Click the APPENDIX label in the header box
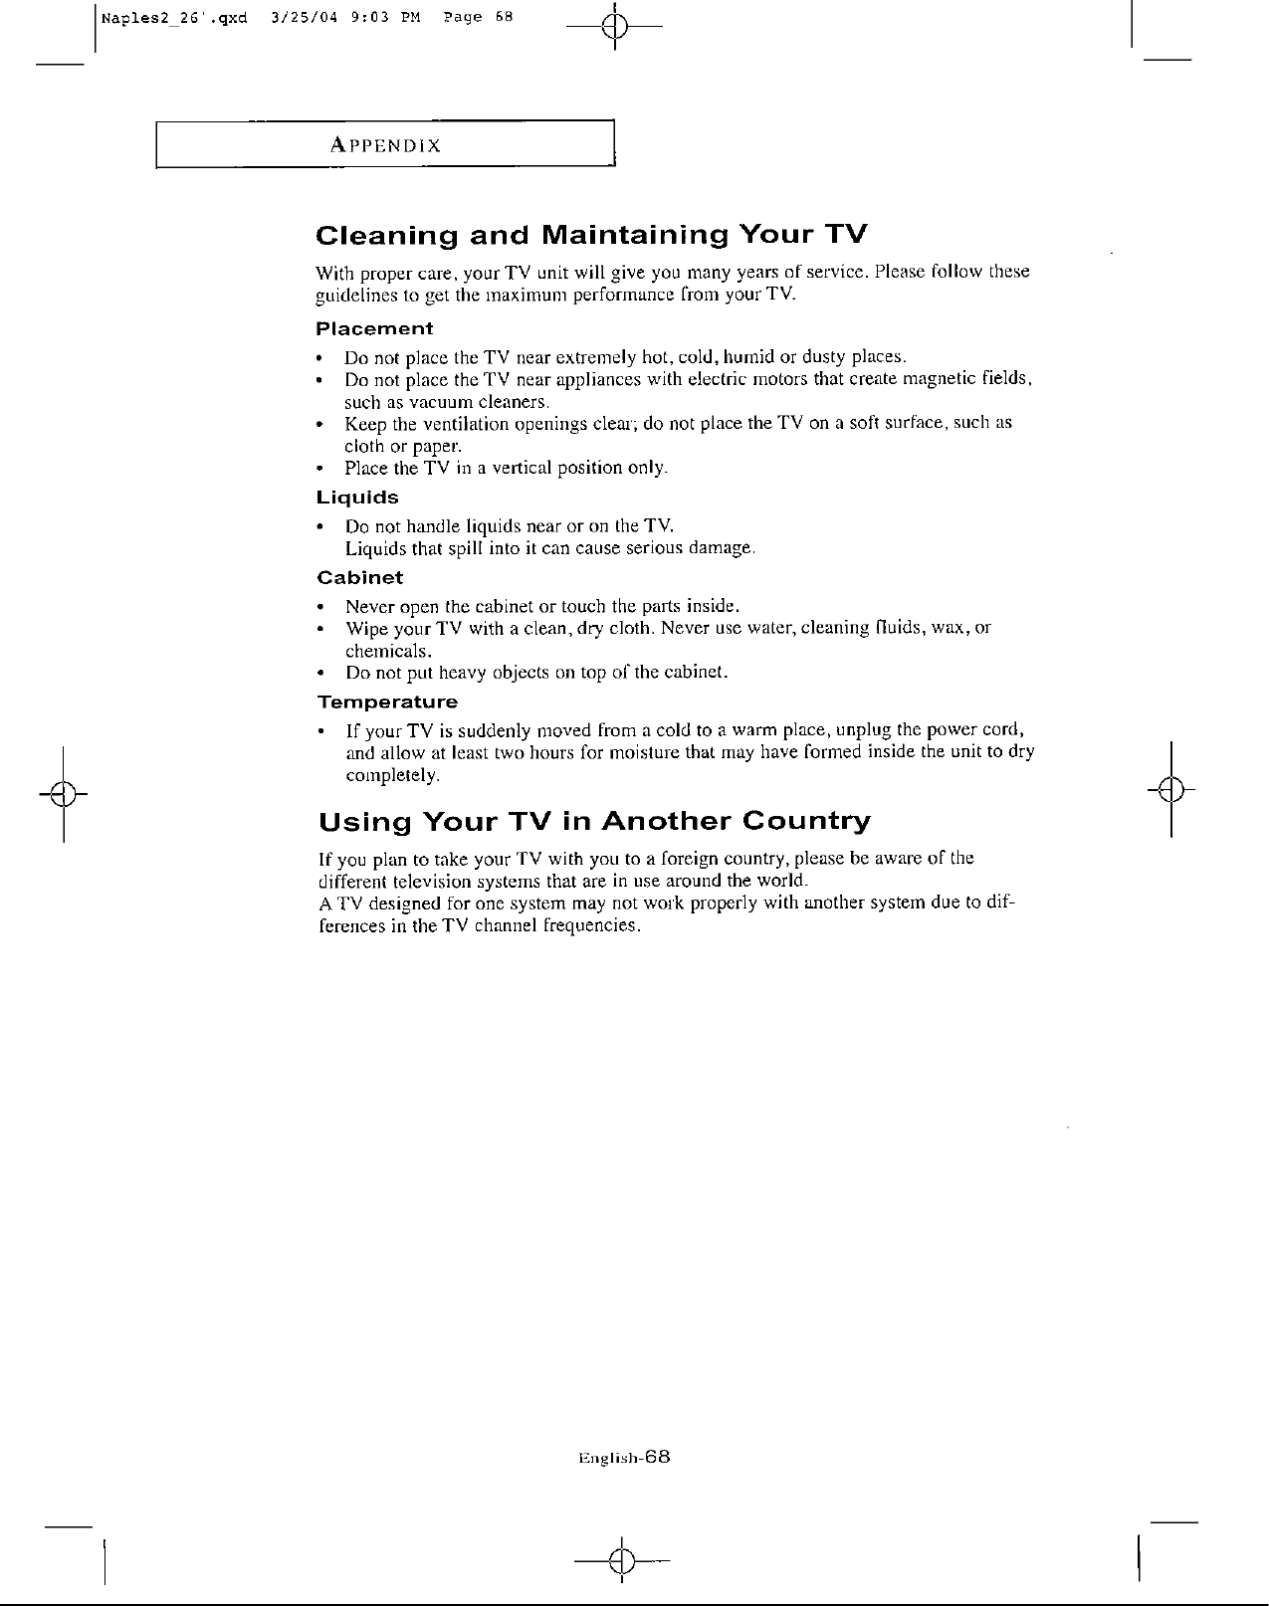(x=385, y=145)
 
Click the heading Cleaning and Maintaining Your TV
(x=591, y=236)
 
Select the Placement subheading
(x=374, y=328)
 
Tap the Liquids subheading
(x=357, y=497)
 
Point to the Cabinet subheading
(x=359, y=577)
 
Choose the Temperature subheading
(x=387, y=702)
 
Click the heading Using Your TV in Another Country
(x=594, y=822)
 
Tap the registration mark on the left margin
(x=64, y=793)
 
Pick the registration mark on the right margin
(x=1171, y=792)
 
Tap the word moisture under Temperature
(x=615, y=752)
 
